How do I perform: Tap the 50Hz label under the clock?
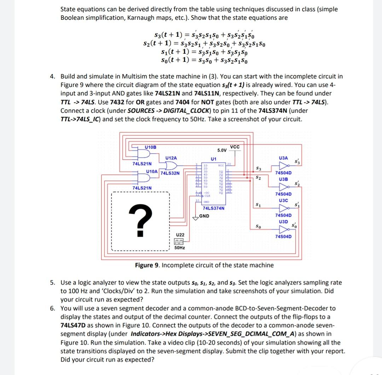point(180,248)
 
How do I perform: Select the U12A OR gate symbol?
point(170,166)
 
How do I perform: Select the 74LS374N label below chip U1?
point(213,209)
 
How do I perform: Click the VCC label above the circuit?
point(235,147)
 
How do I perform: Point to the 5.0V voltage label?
point(222,150)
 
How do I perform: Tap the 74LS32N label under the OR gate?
point(170,173)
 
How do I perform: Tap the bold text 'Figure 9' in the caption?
point(148,265)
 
